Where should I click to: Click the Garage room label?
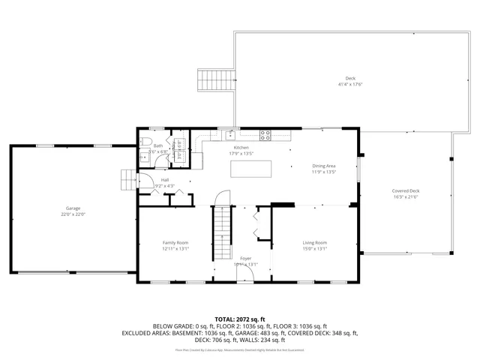tap(73, 208)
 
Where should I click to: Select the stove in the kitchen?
tap(265, 135)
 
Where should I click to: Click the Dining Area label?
tap(324, 165)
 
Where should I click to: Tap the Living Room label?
tap(315, 242)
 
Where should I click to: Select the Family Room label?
tap(175, 242)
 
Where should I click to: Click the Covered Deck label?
tap(406, 190)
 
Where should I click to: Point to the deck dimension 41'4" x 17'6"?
tap(350, 85)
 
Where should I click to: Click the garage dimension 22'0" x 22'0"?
tap(73, 214)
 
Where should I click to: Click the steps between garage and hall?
tap(129, 180)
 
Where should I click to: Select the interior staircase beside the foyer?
tap(223, 232)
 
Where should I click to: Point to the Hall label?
tap(164, 180)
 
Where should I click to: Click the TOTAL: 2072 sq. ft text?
tap(240, 319)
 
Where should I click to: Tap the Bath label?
tap(158, 145)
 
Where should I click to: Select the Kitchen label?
tap(241, 148)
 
